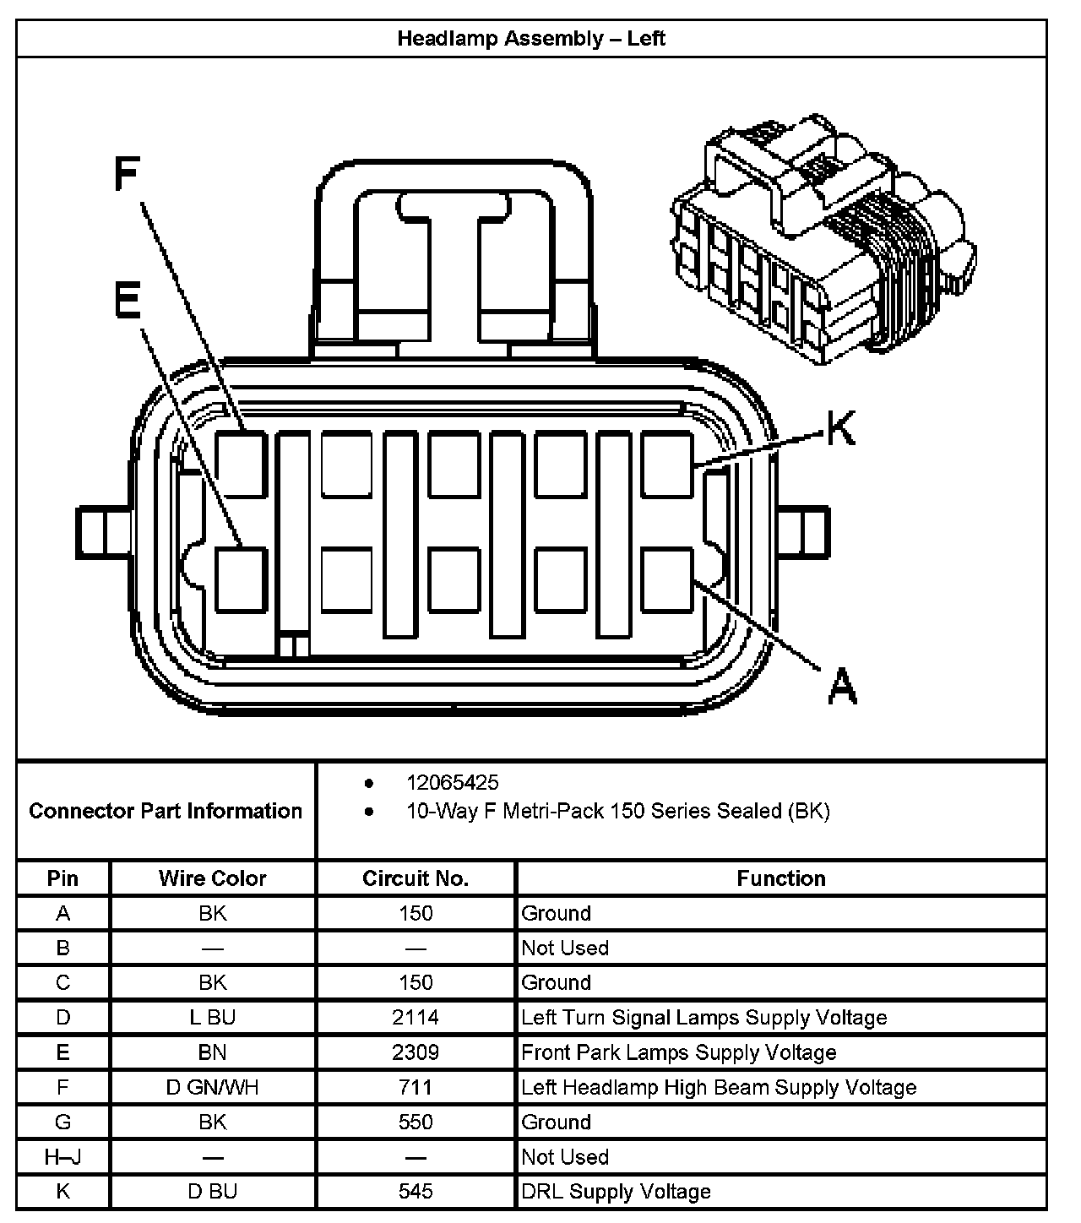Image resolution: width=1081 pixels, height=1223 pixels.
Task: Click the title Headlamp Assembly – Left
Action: point(531,39)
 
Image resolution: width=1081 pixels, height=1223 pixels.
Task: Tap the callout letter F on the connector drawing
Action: point(127,176)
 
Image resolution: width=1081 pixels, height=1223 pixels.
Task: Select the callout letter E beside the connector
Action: point(128,301)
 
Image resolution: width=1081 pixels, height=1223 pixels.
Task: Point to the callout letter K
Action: point(840,428)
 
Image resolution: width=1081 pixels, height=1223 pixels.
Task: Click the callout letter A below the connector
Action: point(841,685)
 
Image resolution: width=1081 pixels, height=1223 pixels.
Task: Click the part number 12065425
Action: point(453,782)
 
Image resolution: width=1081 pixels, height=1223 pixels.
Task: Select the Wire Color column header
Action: point(212,878)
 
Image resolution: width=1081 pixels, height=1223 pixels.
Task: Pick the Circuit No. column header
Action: point(415,878)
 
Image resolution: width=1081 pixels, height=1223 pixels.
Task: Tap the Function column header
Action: point(781,878)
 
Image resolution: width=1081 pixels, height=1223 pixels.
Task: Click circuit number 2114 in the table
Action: point(415,1017)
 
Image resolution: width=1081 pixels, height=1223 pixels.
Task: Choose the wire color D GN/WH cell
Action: point(212,1087)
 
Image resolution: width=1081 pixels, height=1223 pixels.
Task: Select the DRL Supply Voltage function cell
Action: point(617,1192)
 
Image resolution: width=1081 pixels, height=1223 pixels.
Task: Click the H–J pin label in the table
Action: point(62,1157)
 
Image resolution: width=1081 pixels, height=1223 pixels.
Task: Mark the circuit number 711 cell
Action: point(415,1087)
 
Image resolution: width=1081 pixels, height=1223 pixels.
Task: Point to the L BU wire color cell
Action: point(212,1017)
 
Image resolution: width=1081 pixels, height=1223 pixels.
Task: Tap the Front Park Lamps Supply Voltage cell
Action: point(679,1052)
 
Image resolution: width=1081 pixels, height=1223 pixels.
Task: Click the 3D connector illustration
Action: point(823,241)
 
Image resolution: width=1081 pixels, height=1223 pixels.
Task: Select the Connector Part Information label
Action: point(166,811)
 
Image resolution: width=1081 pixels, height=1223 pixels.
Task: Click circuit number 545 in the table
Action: point(415,1192)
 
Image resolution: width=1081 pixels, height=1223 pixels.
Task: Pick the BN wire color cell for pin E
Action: point(212,1052)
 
